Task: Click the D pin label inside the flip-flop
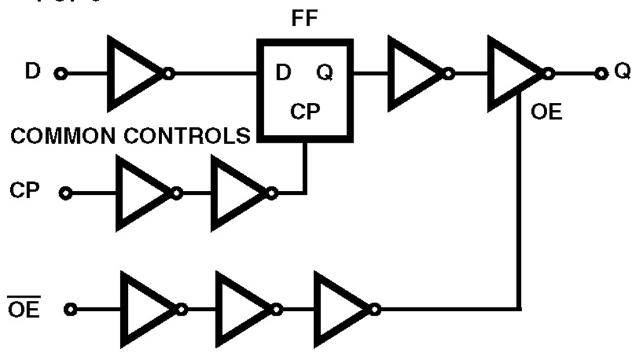pos(283,73)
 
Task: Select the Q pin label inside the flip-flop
pos(325,73)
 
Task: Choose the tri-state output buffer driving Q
pos(514,73)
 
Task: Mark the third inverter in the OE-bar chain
pos(341,310)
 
